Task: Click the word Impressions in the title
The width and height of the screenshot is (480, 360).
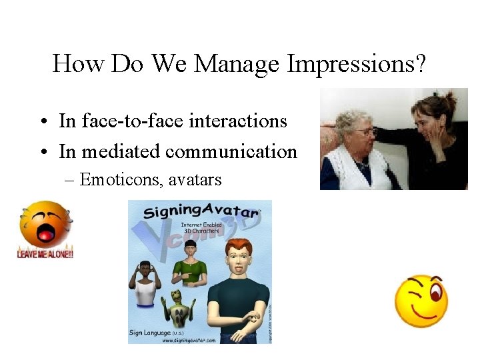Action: coord(357,64)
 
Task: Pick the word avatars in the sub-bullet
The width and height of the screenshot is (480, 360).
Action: coord(195,179)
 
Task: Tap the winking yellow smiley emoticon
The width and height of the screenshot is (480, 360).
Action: coord(421,300)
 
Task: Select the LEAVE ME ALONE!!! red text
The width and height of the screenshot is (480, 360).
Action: coord(45,254)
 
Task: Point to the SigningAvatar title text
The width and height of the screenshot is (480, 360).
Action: coord(200,212)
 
